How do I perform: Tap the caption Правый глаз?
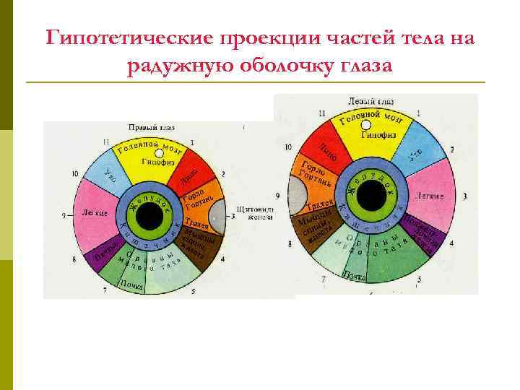(x=151, y=127)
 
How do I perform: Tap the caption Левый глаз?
(x=371, y=101)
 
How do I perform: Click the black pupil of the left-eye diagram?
(x=370, y=194)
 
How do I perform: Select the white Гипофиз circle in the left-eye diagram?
(x=366, y=125)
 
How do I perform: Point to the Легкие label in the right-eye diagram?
(x=95, y=214)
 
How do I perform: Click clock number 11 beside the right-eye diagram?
(x=106, y=142)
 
